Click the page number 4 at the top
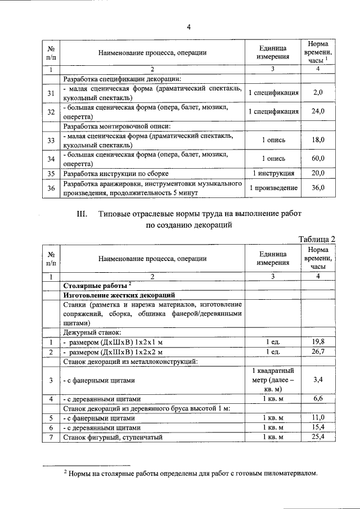[190, 27]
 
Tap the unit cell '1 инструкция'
[273, 173]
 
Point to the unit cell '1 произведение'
[273, 188]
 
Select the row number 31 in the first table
[51, 92]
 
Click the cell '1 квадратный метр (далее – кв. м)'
[273, 380]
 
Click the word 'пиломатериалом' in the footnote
[286, 473]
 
